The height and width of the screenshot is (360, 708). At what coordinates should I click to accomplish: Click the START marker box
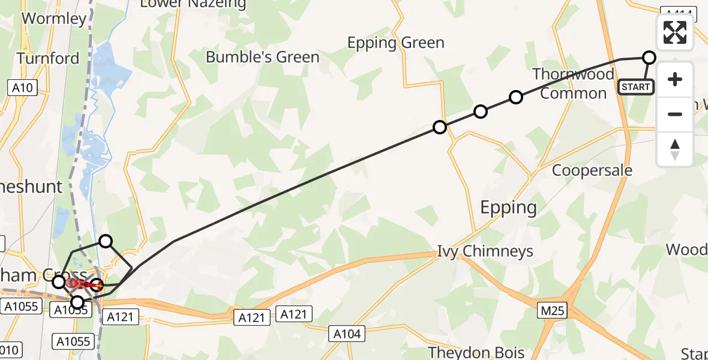click(636, 87)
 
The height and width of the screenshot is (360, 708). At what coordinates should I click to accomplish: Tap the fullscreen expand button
click(675, 32)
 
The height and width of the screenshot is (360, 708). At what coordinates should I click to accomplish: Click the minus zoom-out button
click(675, 114)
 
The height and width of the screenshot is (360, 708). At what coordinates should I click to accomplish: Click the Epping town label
click(508, 208)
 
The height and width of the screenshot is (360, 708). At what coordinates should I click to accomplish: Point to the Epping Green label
click(396, 43)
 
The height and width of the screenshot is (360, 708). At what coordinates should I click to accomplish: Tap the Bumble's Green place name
click(262, 57)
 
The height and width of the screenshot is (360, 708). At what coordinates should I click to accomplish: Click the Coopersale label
click(592, 170)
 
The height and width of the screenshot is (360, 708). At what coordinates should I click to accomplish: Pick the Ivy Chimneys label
click(485, 251)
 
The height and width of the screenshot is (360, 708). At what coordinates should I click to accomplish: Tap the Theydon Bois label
click(476, 352)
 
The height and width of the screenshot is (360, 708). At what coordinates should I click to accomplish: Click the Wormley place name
click(54, 18)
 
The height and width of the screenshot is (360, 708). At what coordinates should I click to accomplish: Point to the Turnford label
click(48, 58)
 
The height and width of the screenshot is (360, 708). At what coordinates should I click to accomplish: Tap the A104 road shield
click(347, 334)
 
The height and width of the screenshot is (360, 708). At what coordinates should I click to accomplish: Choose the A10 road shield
click(22, 88)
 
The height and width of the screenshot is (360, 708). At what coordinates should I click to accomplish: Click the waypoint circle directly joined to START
click(649, 58)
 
